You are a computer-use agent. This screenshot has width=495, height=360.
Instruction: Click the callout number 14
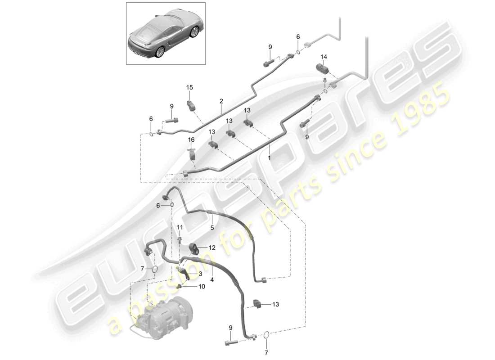click(324, 57)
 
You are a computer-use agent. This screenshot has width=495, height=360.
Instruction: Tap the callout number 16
click(191, 140)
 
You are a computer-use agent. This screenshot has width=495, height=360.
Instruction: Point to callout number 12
click(211, 247)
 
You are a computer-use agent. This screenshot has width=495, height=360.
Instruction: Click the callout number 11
click(180, 227)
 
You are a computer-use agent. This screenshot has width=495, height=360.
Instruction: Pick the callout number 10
click(201, 286)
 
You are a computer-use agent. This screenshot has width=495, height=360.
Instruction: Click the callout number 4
click(211, 279)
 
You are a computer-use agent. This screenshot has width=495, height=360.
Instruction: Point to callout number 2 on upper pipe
click(221, 102)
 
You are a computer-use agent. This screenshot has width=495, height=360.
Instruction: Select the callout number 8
click(324, 80)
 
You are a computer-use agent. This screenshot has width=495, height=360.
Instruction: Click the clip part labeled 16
click(193, 154)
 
